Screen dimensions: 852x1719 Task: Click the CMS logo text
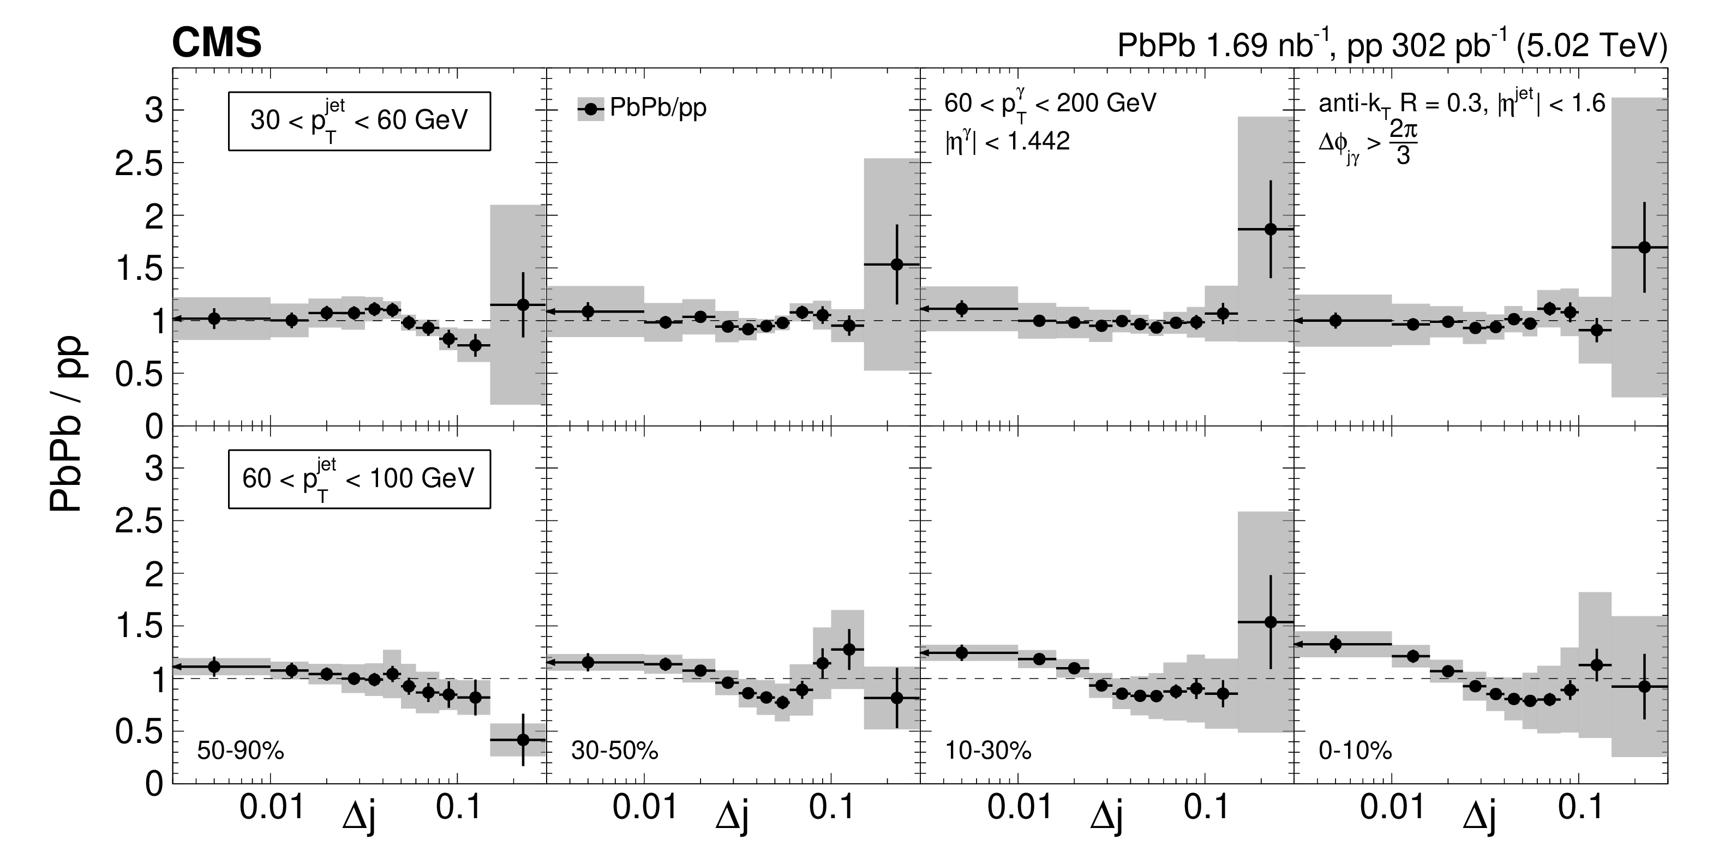tap(217, 44)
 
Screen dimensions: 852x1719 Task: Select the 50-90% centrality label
tap(240, 751)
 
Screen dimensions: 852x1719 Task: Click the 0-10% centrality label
tap(1355, 751)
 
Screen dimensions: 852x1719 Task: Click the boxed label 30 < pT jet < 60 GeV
tap(359, 121)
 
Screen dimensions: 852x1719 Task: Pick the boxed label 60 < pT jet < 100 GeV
tap(359, 478)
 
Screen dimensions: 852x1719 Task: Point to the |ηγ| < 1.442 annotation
tap(1007, 141)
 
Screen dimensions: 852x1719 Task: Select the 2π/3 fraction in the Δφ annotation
tap(1403, 145)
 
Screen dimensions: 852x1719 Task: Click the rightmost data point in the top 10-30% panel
tap(1271, 229)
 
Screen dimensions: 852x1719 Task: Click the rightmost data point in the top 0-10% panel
tap(1644, 247)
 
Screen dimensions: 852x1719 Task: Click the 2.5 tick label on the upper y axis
tap(139, 164)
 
